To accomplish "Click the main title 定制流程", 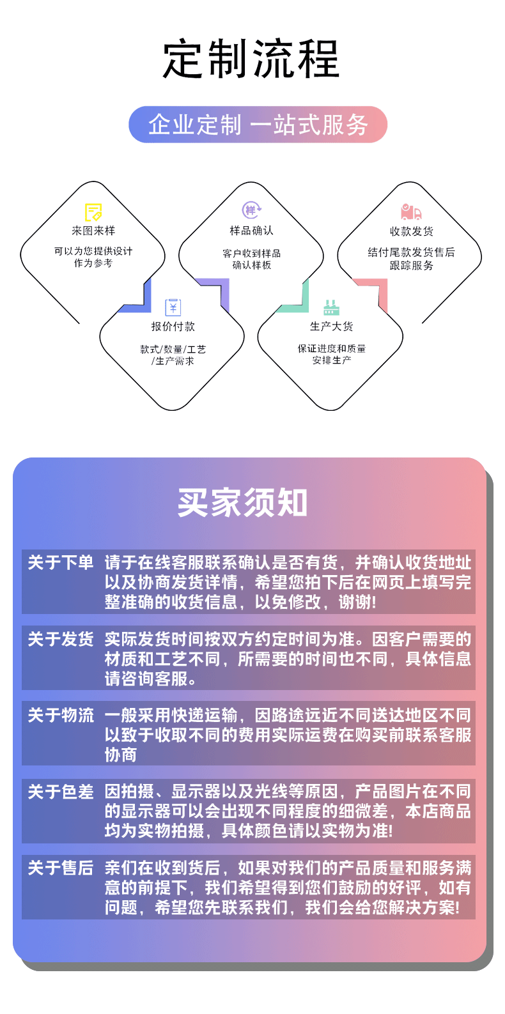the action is point(251,59).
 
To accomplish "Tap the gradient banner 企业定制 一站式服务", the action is point(258,125).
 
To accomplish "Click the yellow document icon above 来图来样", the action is point(93,211).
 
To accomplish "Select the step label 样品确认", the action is point(251,231).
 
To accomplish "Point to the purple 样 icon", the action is point(251,210).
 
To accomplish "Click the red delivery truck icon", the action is point(411,211).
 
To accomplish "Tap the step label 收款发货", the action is point(411,231).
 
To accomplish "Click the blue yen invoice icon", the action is point(173,307).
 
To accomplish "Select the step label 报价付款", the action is point(173,326).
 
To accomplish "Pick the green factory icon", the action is point(330,308).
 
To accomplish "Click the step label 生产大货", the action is point(331,326).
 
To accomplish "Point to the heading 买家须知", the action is point(243,503).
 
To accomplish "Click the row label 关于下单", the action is point(61,562).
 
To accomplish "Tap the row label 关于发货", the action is point(61,639).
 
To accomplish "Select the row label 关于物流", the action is point(61,715).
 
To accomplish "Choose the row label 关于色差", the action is point(61,792).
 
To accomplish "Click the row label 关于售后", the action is point(61,868).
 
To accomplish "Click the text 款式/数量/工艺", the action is point(173,350).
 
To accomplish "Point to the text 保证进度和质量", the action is point(331,349).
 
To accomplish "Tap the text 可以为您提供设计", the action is point(93,251).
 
